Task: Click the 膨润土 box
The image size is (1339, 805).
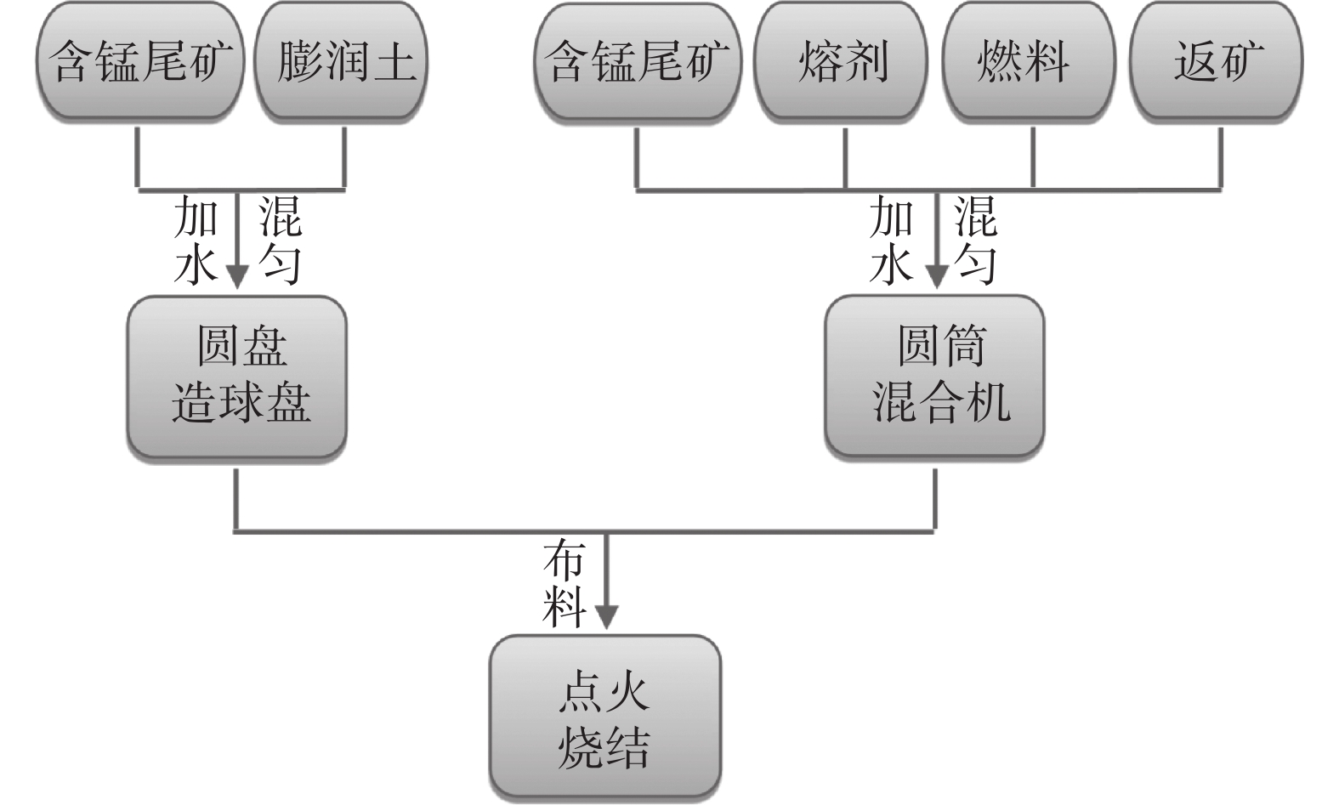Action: pyautogui.click(x=342, y=61)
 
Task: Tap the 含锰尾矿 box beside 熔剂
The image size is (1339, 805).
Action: pyautogui.click(x=638, y=61)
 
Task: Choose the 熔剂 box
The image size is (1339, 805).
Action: pyautogui.click(x=843, y=61)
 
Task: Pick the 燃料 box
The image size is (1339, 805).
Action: pyautogui.click(x=1030, y=61)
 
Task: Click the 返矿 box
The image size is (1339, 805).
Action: pyautogui.click(x=1217, y=61)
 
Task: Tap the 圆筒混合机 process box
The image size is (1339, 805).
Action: pyautogui.click(x=934, y=377)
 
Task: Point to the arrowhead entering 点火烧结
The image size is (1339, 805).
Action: pyautogui.click(x=606, y=615)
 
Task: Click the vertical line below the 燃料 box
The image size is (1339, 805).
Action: pyautogui.click(x=1033, y=157)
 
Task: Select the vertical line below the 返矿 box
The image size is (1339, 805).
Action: pyautogui.click(x=1221, y=157)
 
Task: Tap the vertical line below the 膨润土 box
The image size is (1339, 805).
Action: pyautogui.click(x=344, y=157)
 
